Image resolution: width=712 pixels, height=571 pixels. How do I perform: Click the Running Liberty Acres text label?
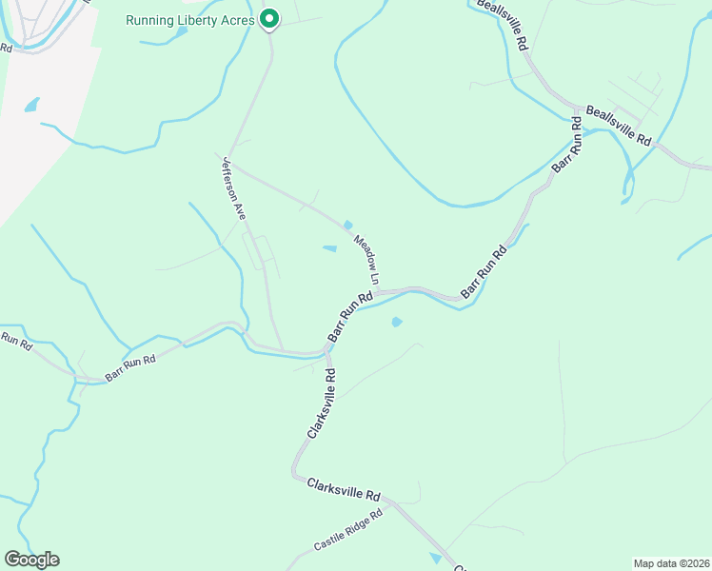click(x=190, y=20)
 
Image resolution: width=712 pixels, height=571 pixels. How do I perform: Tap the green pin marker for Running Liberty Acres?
click(x=269, y=18)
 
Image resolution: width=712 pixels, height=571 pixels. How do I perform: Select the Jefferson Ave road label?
click(x=234, y=188)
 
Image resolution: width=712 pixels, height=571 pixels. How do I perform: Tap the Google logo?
click(x=31, y=560)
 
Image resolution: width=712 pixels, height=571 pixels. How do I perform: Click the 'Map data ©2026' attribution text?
click(x=671, y=563)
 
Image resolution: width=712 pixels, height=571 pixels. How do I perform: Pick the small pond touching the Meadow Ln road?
click(x=348, y=226)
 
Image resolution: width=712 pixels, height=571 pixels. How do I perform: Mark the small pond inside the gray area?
click(x=32, y=104)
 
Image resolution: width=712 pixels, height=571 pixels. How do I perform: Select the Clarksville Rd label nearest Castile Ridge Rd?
click(x=344, y=490)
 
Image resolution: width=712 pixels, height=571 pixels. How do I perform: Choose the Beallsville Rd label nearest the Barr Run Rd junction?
click(x=619, y=126)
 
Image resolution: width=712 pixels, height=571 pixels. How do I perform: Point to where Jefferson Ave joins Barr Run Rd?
click(x=283, y=349)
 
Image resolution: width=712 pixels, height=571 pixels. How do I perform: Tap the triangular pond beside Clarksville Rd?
click(x=436, y=558)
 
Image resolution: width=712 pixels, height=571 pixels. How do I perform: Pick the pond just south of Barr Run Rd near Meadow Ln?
click(x=396, y=322)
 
